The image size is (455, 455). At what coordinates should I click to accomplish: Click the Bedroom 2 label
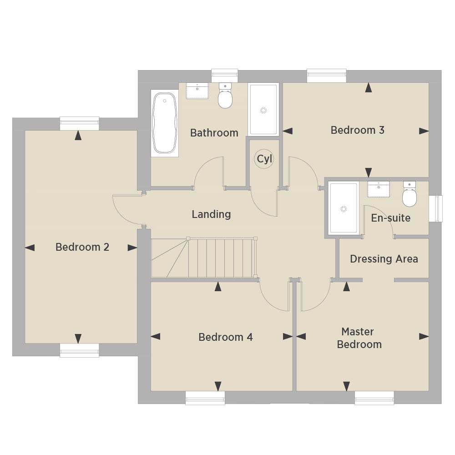tap(82, 247)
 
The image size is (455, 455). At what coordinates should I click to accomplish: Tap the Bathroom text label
tap(214, 133)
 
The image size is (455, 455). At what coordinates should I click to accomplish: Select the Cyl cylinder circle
tap(264, 159)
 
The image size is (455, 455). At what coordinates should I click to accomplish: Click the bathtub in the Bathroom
tap(165, 123)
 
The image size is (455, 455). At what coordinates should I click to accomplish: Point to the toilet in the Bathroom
tap(225, 95)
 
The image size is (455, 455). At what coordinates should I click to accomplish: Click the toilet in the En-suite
tap(409, 194)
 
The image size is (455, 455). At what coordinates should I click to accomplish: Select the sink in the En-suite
tap(379, 189)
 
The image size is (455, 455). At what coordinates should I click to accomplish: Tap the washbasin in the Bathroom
tap(197, 91)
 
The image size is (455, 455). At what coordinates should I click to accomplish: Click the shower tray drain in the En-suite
tap(344, 209)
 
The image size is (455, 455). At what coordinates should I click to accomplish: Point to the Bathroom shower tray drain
tap(263, 110)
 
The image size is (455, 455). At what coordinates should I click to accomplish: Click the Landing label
tap(211, 214)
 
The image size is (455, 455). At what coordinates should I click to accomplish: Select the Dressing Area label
tap(384, 259)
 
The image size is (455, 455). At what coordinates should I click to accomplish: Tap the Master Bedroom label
tap(359, 338)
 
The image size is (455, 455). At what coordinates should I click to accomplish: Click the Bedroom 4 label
tap(226, 337)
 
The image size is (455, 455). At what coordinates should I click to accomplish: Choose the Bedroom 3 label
tap(358, 130)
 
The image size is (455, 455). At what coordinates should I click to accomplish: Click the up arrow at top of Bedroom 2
tap(78, 136)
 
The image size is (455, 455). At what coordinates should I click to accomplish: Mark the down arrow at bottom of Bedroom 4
tap(218, 386)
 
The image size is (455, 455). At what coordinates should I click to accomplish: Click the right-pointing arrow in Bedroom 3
tap(424, 131)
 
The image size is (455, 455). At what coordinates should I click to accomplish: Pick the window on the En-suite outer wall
tap(436, 209)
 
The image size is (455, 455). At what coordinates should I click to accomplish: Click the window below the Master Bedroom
tap(374, 398)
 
